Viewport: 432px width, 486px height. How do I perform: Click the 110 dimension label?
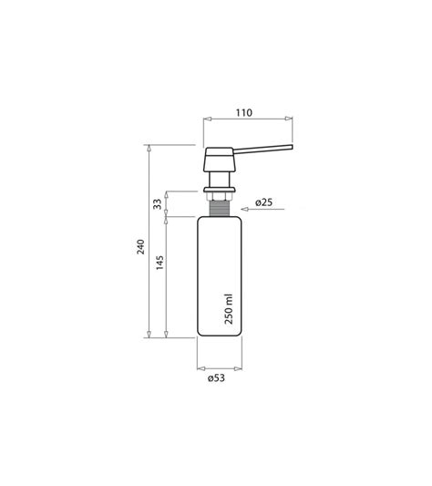click(x=244, y=113)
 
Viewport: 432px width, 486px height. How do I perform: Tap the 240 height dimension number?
click(x=141, y=247)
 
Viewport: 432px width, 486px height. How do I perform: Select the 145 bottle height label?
click(x=159, y=263)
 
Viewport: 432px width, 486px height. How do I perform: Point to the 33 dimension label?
click(x=158, y=204)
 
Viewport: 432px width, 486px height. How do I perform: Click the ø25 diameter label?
click(x=264, y=202)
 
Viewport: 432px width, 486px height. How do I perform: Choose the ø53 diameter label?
click(x=216, y=378)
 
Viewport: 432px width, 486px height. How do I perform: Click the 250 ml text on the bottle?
click(x=229, y=309)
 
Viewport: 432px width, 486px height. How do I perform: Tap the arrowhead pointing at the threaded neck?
click(x=245, y=209)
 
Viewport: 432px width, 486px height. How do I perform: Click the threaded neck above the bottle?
click(x=220, y=208)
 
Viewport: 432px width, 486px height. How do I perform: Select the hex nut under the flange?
click(x=220, y=197)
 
